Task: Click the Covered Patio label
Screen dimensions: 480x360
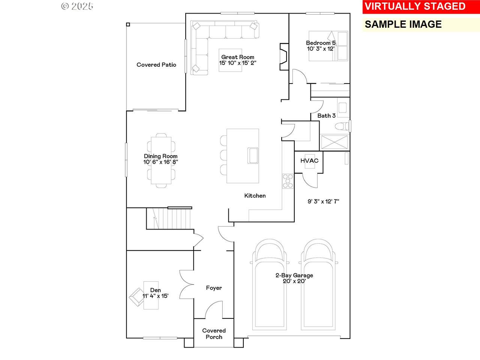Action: (156, 65)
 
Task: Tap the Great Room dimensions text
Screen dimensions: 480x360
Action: (238, 63)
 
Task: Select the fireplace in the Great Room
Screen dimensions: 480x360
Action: (284, 57)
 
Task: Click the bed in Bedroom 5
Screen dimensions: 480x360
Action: (328, 46)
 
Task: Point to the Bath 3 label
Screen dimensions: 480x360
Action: (327, 115)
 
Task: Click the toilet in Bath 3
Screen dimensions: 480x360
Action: (342, 126)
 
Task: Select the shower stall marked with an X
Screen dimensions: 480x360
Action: (334, 142)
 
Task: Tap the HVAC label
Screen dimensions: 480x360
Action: (309, 160)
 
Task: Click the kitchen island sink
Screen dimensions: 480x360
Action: (253, 155)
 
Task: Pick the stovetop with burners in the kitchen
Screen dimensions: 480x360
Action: (288, 181)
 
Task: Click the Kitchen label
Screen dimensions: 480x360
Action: (255, 196)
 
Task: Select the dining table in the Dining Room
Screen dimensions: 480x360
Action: (161, 160)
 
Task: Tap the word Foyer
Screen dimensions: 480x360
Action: (214, 288)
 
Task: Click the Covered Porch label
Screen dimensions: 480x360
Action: (214, 334)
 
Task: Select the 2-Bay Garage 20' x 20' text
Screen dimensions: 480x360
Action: (294, 278)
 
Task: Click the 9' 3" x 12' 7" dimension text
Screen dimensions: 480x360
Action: (323, 201)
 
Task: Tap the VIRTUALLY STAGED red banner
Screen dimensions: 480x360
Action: (421, 6)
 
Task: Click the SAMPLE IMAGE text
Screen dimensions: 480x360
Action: (403, 24)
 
